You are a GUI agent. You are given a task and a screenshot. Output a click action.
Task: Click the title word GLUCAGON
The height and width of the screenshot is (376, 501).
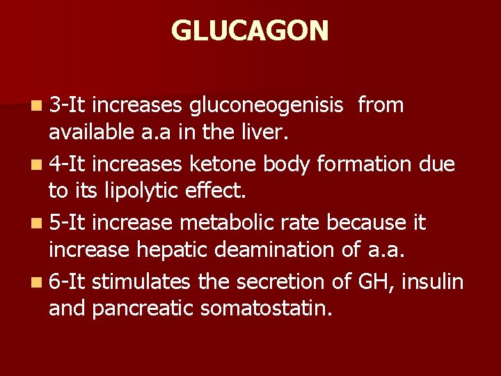click(250, 31)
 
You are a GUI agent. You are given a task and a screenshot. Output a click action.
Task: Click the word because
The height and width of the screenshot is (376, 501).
click(367, 224)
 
